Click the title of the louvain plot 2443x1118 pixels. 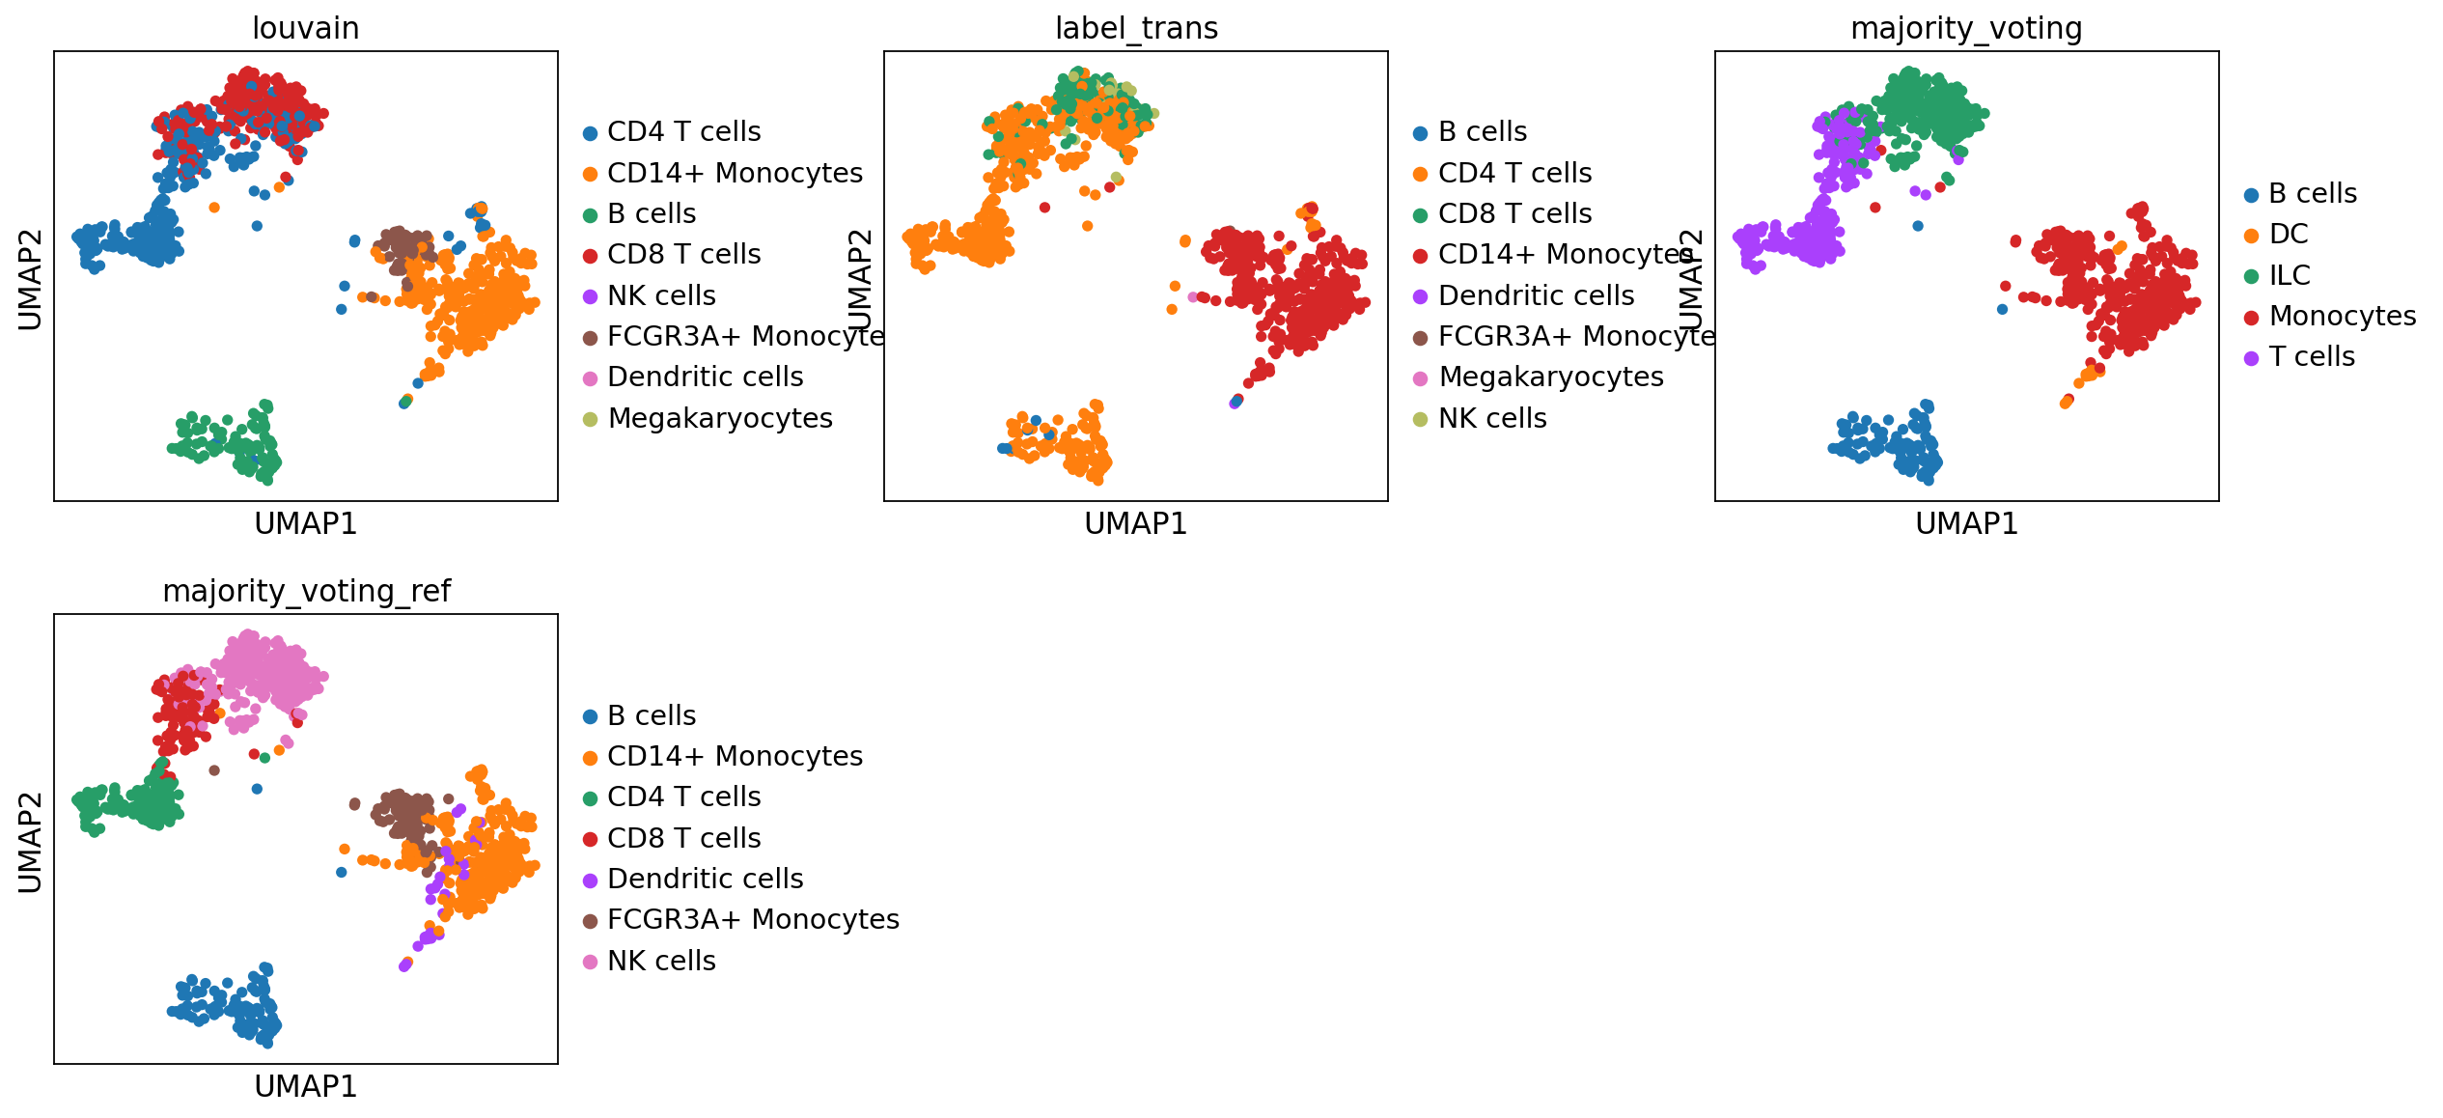305,28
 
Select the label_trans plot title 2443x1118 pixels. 1136,28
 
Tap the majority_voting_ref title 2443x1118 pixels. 306,591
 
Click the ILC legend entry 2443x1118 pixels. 2289,275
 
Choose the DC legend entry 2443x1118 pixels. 2288,234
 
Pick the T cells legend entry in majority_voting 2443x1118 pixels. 2311,356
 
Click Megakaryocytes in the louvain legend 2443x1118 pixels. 719,418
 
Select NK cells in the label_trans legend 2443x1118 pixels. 1491,418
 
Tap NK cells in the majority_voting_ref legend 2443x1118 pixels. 661,961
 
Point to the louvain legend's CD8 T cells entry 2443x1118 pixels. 683,254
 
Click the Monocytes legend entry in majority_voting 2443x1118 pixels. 2342,316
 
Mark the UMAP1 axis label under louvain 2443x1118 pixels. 305,523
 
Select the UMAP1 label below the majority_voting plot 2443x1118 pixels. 1966,523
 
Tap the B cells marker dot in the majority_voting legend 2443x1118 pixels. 2251,195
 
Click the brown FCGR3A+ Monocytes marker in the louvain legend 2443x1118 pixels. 590,338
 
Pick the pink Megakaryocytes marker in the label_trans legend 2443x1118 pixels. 1420,378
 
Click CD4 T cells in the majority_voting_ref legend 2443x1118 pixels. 683,797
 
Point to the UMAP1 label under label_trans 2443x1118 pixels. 1135,523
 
